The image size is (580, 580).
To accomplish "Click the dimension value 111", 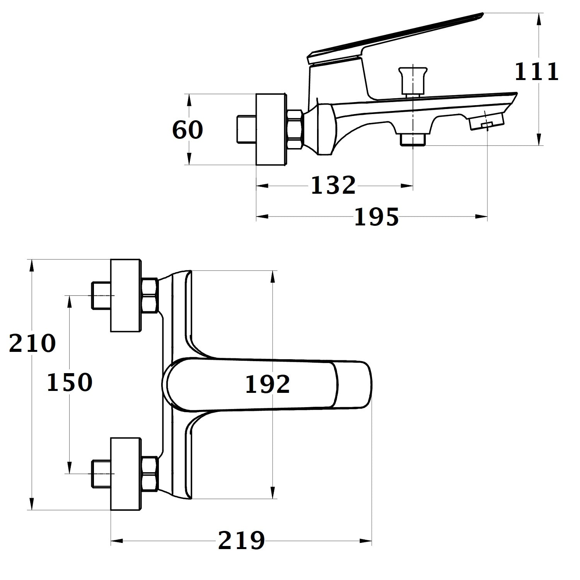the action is pos(537,72).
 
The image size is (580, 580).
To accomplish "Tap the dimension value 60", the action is pos(188,130).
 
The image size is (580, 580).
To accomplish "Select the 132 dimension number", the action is pos(333,185).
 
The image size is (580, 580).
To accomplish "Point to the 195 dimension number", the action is pos(376,217).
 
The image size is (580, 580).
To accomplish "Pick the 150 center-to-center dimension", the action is pos(70,382).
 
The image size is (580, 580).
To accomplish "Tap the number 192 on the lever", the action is pos(268,384).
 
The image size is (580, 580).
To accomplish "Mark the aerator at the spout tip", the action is pos(487,122).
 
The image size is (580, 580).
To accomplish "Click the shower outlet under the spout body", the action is pos(413,139).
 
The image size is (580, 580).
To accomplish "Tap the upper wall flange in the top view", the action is pos(126,295).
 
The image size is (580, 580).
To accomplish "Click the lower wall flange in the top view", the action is pos(126,474).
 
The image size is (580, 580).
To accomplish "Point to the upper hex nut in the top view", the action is pos(150,295).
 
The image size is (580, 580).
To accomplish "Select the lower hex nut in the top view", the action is pos(150,474).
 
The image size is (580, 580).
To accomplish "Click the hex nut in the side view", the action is pos(295,129).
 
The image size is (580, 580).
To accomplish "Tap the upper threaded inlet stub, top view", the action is pos(101,295).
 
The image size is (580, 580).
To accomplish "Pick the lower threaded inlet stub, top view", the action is pos(101,474).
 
